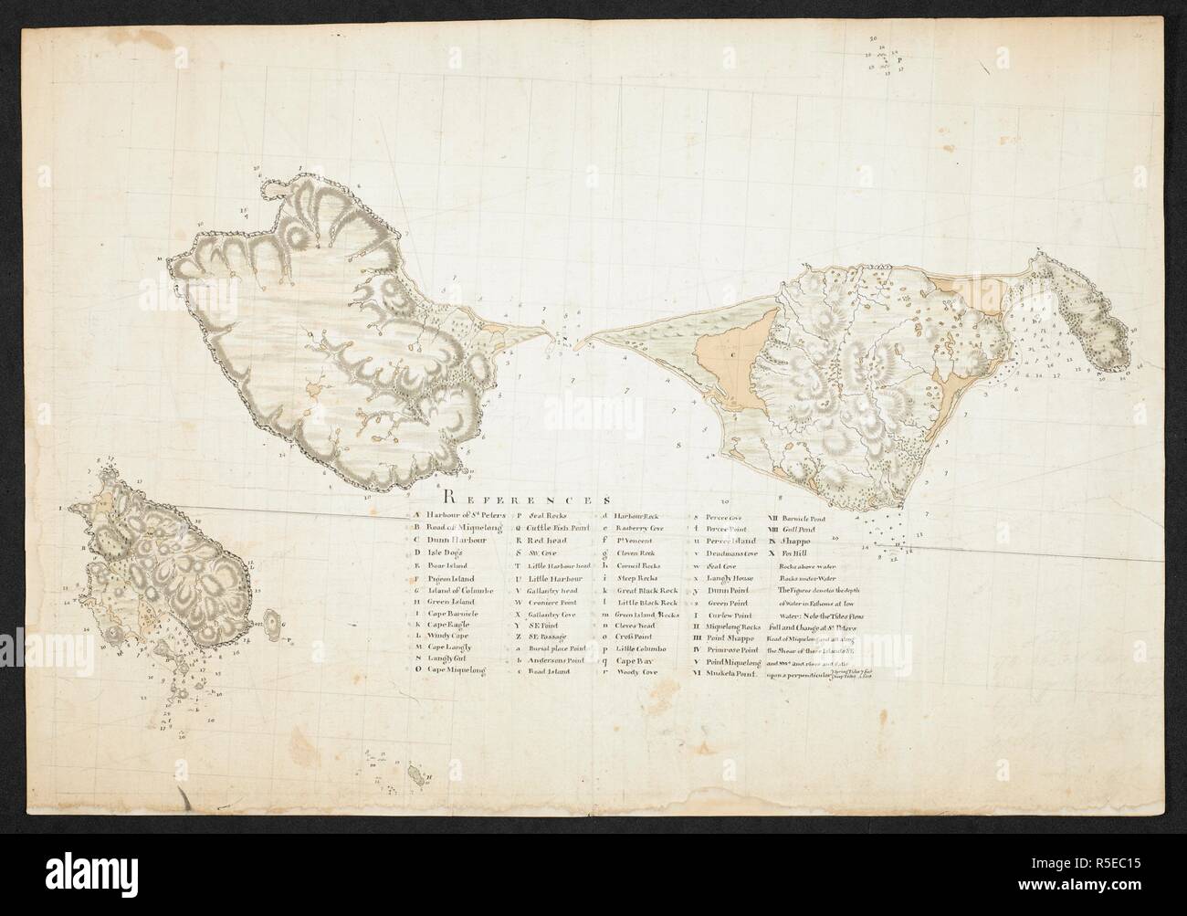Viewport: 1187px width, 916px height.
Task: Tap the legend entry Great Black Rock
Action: pos(646,591)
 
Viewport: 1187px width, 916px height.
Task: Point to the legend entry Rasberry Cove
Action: pos(640,528)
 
